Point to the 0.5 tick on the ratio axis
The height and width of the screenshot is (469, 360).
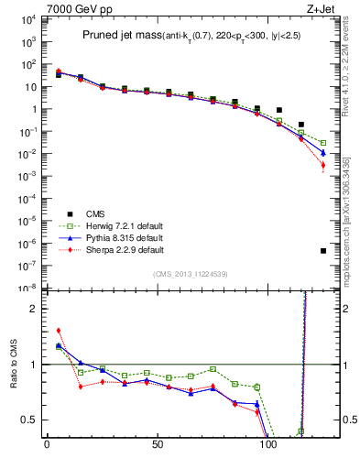point(29,420)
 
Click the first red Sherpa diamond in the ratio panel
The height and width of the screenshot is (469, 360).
point(59,331)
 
